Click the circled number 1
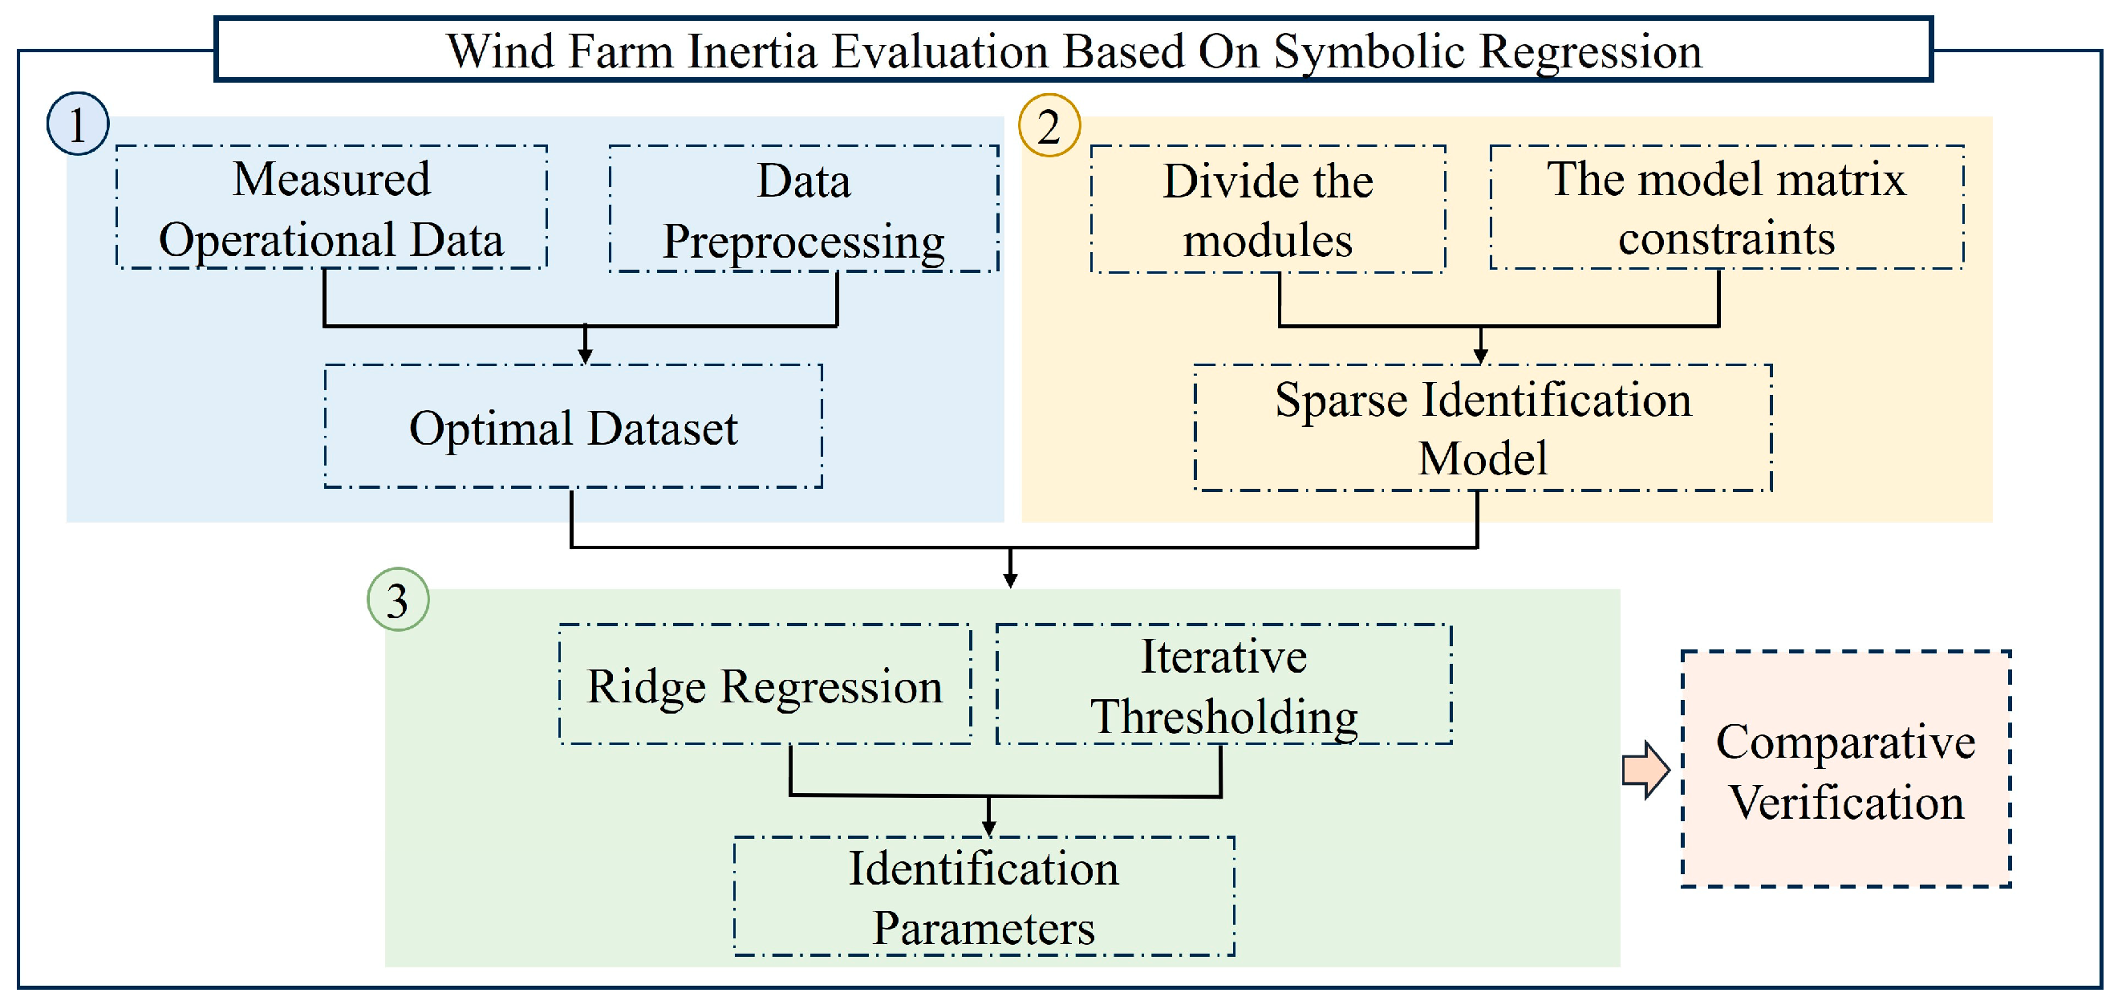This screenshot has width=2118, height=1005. point(78,124)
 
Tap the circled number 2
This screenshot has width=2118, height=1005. point(1049,126)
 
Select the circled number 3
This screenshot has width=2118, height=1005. point(398,600)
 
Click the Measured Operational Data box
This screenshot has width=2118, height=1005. point(331,208)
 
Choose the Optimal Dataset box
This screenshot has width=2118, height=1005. point(573,427)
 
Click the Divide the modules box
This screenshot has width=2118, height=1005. point(1267,210)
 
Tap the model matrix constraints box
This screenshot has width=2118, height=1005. point(1726,208)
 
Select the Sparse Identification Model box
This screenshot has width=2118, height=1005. point(1483,429)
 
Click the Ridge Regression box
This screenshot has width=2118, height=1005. point(765,685)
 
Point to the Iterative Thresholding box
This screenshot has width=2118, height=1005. point(1223,685)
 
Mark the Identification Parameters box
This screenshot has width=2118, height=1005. point(984,897)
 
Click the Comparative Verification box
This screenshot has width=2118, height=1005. point(1846,770)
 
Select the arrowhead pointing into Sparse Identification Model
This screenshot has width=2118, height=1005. point(1480,356)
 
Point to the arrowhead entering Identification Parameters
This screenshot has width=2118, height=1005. point(989,828)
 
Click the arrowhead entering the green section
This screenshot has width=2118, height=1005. point(1011,580)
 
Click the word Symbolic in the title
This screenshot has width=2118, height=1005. point(1368,52)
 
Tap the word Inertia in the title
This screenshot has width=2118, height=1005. point(753,52)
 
